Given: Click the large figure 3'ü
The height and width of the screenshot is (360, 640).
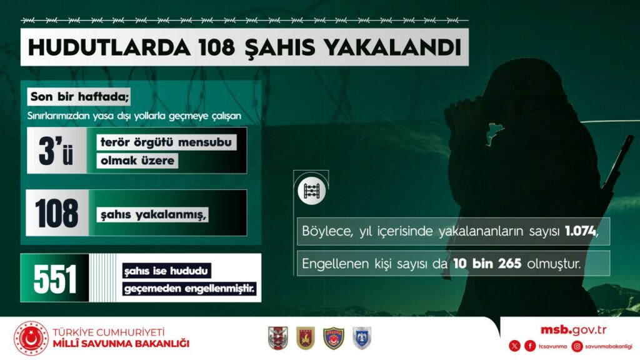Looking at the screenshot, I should click(56, 151).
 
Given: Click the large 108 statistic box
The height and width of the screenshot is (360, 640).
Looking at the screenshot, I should click(57, 213).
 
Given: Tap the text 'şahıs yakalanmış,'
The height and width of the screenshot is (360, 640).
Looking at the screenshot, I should click(154, 214).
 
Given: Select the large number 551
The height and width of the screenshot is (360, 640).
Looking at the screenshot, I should click(55, 278).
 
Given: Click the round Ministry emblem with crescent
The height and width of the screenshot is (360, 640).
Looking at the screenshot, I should click(31, 338).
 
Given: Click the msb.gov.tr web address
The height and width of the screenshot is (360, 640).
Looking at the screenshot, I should click(574, 330).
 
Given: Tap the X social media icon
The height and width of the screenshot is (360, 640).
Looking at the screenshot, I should click(514, 346).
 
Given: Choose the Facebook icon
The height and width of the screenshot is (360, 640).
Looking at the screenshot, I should click(530, 346).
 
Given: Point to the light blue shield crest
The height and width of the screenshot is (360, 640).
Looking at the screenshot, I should click(362, 338).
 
